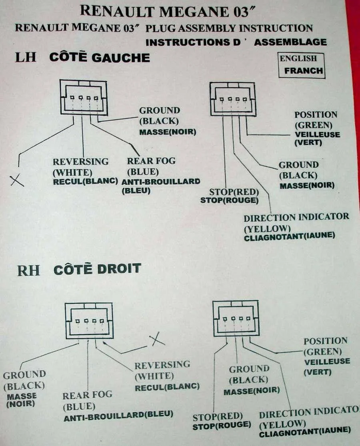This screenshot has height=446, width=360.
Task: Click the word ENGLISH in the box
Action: pos(298,58)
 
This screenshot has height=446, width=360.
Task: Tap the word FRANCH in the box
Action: pos(304,71)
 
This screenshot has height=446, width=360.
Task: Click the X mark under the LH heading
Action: pos(17,181)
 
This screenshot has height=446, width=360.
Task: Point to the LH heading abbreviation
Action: pos(26,57)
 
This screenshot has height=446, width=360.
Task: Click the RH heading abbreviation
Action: pos(28,270)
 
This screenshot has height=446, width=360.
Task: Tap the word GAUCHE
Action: pos(120,58)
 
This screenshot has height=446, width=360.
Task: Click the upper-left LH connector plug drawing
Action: pos(84,98)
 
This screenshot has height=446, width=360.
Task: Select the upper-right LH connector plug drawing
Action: pos(233,99)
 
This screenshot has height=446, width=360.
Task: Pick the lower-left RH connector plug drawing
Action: pos(89,321)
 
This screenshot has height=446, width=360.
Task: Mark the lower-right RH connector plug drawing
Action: pos(236,318)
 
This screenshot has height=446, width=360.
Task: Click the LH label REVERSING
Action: pos(80,162)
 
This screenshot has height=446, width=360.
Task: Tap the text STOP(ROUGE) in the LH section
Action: pos(229,200)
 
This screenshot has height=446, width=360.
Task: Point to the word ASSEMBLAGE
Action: pos(290,42)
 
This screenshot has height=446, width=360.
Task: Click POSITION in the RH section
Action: pos(326,341)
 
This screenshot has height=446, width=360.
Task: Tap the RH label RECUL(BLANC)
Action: pos(167,387)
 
